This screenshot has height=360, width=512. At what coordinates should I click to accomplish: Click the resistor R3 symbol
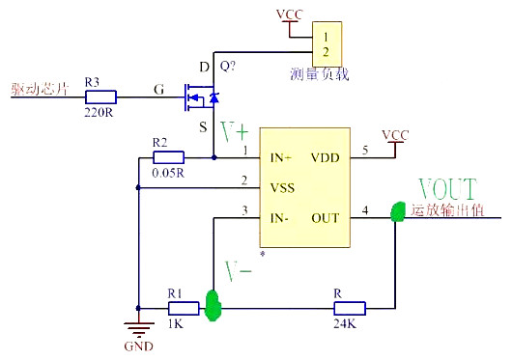(100, 97)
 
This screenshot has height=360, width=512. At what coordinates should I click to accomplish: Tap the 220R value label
(100, 112)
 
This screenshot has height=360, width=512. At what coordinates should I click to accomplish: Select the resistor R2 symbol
(168, 156)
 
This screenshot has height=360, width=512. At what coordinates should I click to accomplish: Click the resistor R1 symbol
(183, 308)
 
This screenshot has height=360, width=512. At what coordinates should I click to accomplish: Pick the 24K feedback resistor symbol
(349, 308)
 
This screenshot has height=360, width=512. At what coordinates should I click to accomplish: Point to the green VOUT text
(446, 188)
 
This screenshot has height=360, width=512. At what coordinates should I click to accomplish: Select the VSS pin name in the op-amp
(282, 186)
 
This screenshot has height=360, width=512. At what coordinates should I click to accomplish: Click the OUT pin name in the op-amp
(324, 217)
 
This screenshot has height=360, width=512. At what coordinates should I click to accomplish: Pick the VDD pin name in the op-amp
(324, 155)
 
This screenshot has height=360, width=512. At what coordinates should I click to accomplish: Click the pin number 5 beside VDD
(364, 150)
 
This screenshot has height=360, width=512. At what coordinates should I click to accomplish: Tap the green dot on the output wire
(395, 212)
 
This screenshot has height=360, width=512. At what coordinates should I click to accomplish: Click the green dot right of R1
(213, 308)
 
